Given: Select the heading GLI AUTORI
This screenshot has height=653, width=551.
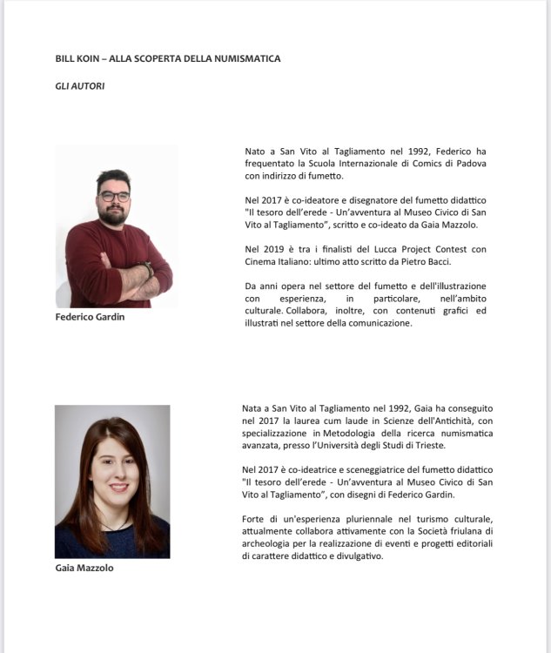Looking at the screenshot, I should point(80,86).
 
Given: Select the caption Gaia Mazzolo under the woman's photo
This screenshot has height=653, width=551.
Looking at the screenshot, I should point(84,569).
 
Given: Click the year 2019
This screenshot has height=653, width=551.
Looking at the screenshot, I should point(277,250).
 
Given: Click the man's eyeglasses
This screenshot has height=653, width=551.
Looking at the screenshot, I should point(114,197).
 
